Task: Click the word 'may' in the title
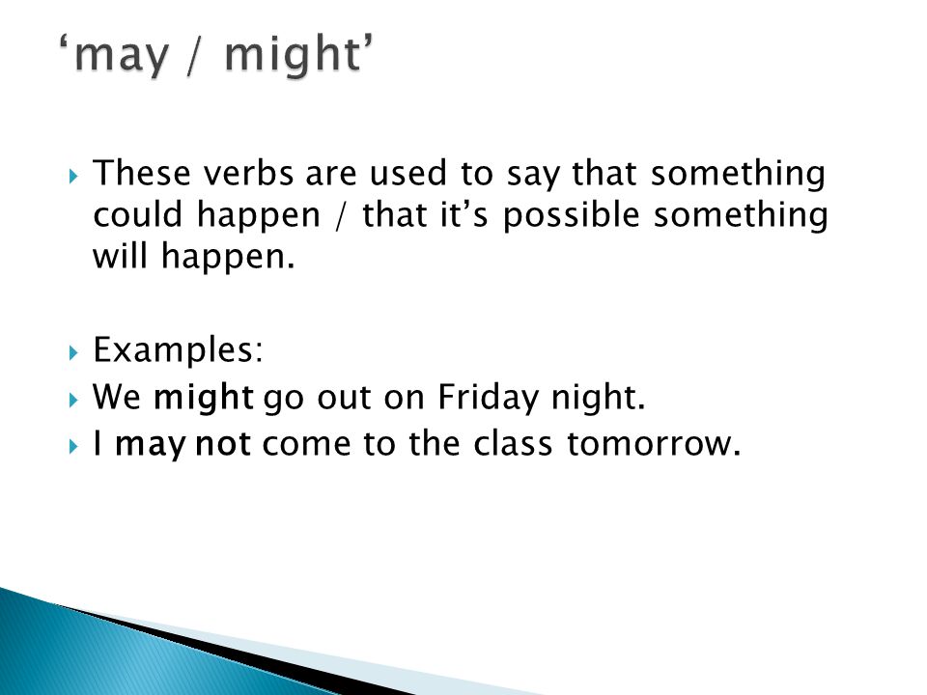[122, 57]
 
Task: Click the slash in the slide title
[197, 54]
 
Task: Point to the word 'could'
[138, 214]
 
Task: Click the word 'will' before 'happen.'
[120, 257]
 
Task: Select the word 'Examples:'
[178, 350]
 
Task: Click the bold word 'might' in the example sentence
[204, 398]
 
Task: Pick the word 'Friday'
[489, 398]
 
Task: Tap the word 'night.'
[598, 397]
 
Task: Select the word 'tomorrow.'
[654, 444]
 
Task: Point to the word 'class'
[513, 443]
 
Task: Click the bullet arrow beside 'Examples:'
[73, 353]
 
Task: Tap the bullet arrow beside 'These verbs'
[73, 176]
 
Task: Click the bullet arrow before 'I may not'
[73, 446]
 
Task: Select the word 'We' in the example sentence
[117, 397]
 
